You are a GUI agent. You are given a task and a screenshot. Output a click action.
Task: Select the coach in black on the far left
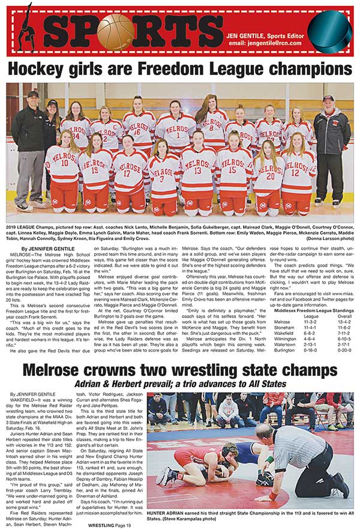tap(28, 150)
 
